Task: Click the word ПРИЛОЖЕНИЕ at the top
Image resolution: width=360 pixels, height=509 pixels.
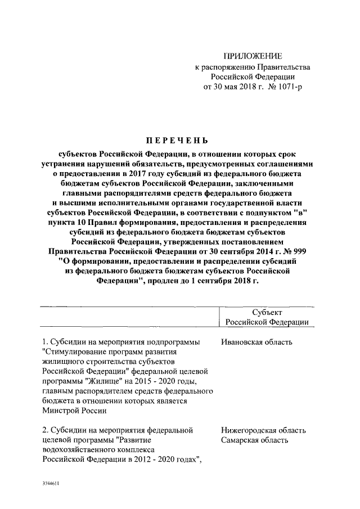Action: tap(253, 56)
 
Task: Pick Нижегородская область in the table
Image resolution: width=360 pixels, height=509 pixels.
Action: tap(263, 430)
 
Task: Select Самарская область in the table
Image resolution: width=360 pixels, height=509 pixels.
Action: tap(255, 440)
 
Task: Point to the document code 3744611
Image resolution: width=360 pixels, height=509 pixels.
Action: tap(51, 483)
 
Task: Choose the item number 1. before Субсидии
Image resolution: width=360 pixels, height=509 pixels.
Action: tap(46, 343)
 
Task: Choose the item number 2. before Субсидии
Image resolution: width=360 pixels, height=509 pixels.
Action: tap(46, 430)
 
